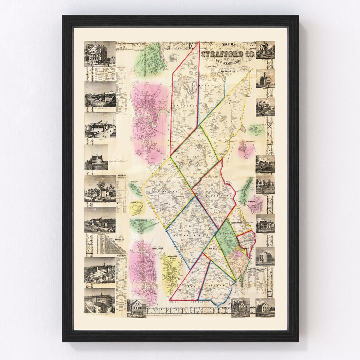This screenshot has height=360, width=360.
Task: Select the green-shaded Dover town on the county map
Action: pos(226,237)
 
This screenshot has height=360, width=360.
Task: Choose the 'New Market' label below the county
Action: pos(200,301)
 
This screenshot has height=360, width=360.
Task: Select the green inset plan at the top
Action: pos(150,60)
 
